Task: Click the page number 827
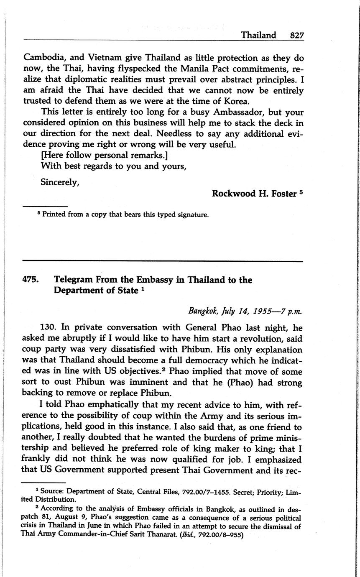(297, 35)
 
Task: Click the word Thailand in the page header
(258, 35)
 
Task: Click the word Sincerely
(60, 182)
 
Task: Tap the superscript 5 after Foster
(301, 192)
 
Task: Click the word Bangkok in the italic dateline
(202, 311)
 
